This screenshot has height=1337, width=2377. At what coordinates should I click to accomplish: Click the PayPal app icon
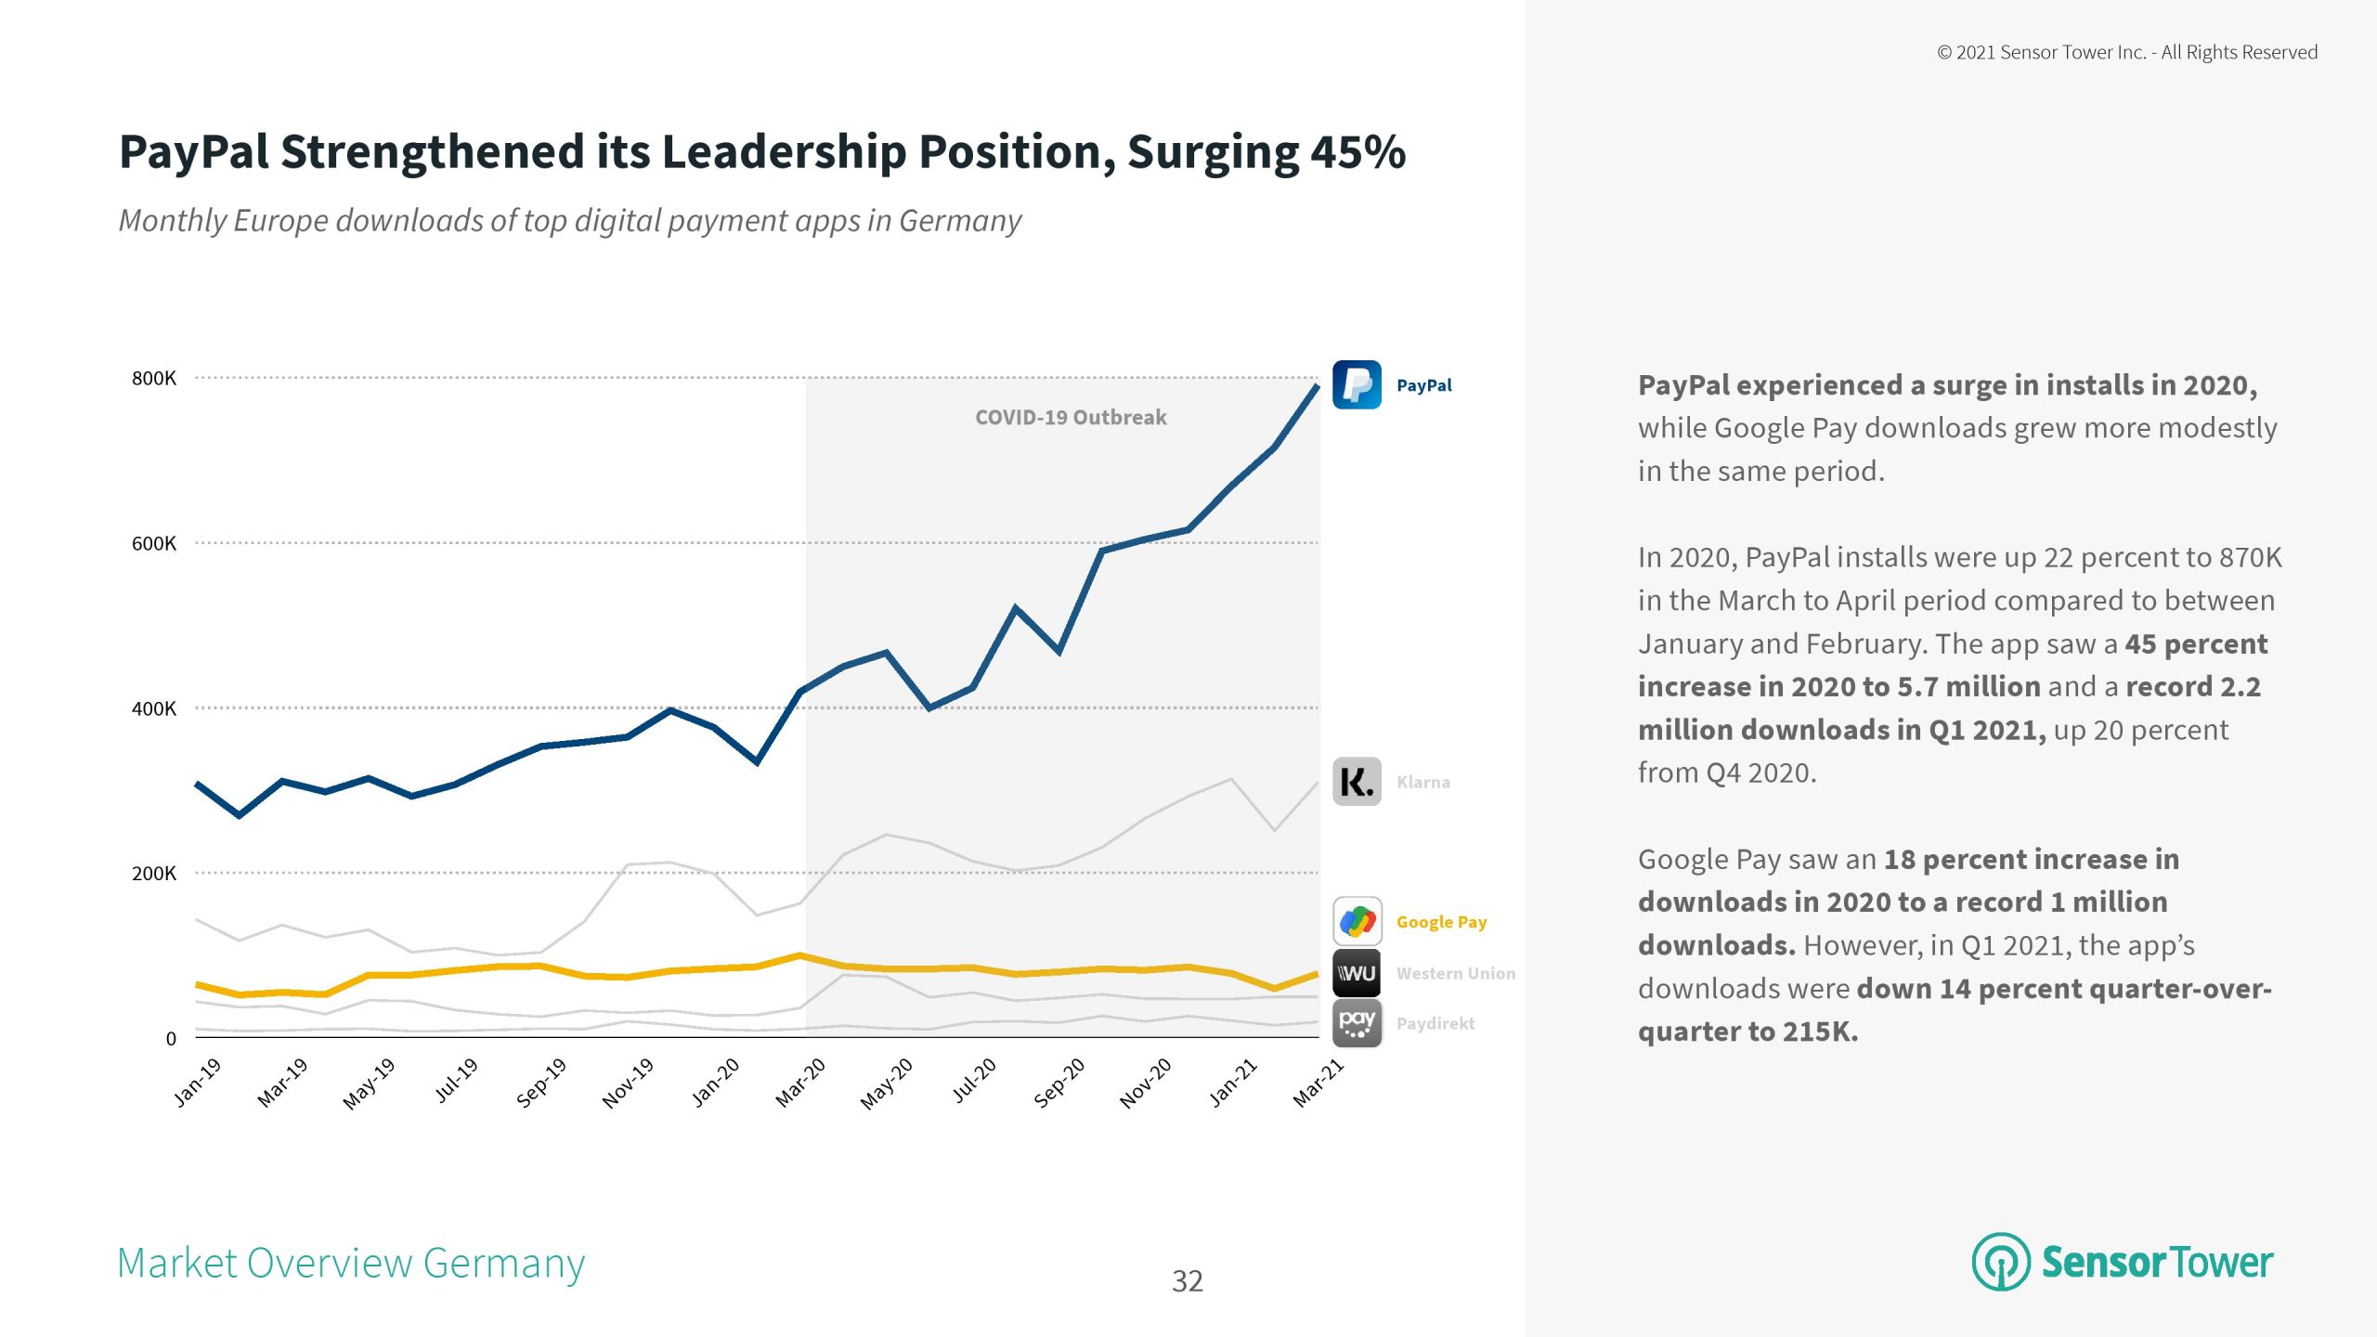coord(1357,384)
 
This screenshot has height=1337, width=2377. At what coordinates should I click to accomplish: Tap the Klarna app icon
coord(1357,782)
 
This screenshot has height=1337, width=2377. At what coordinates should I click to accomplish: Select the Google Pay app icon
coord(1357,921)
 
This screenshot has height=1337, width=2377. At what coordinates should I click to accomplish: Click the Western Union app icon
coord(1357,973)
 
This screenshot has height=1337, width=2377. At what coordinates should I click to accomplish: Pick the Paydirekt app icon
coord(1357,1023)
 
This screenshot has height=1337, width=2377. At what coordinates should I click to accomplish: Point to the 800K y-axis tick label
coord(154,378)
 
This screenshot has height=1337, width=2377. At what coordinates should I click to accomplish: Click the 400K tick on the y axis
coord(154,708)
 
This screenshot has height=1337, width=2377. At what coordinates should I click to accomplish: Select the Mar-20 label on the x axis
coord(800,1083)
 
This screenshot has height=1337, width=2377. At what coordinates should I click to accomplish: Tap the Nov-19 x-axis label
coord(628,1083)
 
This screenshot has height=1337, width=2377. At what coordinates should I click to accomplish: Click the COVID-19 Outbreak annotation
coord(1071,418)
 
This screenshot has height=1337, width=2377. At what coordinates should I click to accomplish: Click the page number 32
coord(1188,1281)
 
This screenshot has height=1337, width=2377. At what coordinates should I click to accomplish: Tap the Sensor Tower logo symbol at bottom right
coord(2000,1262)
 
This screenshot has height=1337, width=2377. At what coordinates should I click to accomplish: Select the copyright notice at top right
coord(2126,53)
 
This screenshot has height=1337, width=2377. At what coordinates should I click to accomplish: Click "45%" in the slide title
coord(1357,152)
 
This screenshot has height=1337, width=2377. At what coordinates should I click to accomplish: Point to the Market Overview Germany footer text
coord(351,1263)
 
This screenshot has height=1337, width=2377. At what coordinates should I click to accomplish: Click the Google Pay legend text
coord(1441,922)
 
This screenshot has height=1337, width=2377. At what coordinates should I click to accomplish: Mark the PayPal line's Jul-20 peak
coord(1016,607)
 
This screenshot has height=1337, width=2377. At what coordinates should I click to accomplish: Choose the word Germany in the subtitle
coord(960,221)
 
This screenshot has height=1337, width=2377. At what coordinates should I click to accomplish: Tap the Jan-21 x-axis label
coord(1233,1083)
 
